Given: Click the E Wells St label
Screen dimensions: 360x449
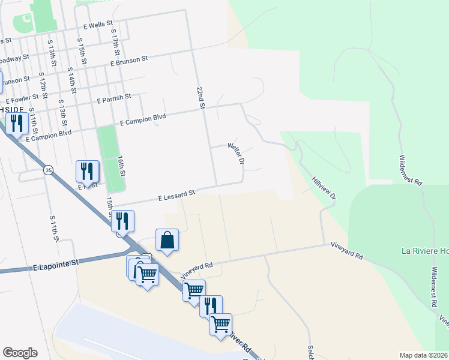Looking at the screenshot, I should point(98,25).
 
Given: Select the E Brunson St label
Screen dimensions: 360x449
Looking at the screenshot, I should point(128,61).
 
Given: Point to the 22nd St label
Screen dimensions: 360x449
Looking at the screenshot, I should point(201,97).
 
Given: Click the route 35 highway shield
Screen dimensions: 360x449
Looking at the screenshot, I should point(48,171).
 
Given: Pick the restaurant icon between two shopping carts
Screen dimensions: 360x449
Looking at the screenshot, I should point(211,306).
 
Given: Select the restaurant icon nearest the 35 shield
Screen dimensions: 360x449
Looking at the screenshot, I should point(87,172).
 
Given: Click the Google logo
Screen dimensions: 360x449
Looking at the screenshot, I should point(20,353).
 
